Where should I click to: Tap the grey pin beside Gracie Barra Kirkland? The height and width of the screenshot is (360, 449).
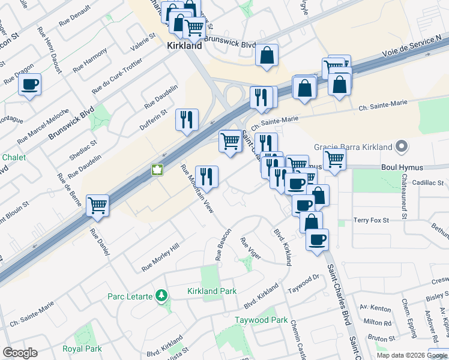click(x=403, y=147)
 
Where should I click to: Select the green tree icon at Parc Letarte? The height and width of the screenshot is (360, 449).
click(x=161, y=295)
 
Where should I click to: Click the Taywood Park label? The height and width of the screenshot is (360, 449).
click(x=261, y=320)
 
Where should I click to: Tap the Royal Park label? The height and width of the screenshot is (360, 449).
click(x=82, y=349)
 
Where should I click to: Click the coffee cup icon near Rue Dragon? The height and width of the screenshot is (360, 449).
click(x=29, y=85)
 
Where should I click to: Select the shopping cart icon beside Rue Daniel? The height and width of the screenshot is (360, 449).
click(x=97, y=205)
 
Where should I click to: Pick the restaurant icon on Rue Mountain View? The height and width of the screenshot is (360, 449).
click(x=206, y=176)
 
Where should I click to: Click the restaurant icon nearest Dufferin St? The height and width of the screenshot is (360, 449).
click(x=187, y=119)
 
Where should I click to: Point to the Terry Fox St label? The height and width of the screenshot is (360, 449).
click(x=371, y=221)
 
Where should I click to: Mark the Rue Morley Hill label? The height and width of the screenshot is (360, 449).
click(x=160, y=257)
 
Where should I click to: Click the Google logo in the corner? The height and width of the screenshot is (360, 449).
click(x=20, y=353)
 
